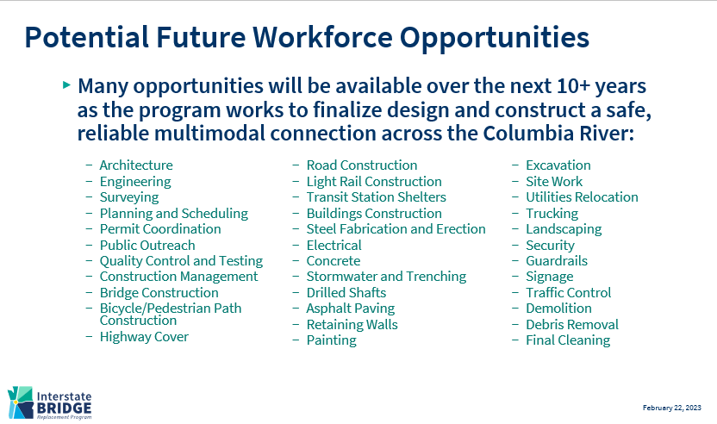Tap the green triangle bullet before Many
[66, 84]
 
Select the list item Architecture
[136, 165]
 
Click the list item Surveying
[129, 197]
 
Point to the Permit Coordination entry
[160, 229]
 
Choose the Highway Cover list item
[144, 337]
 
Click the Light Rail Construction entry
[374, 182]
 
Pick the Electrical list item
[334, 246]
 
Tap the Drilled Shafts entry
[346, 293]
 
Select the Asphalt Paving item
[351, 309]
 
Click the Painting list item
[332, 340]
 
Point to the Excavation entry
[558, 165]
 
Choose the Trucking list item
[552, 214]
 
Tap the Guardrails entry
[557, 261]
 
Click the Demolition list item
[558, 309]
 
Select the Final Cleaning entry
[568, 340]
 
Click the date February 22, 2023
[671, 408]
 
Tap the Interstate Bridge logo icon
[21, 402]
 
